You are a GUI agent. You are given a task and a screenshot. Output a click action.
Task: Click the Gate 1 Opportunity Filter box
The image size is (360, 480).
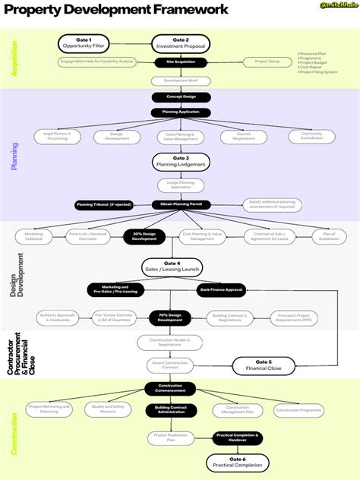coord(84,43)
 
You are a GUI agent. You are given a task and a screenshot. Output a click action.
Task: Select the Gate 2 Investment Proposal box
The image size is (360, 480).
coord(180,43)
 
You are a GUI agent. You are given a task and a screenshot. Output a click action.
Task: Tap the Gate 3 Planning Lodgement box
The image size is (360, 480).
coord(180,161)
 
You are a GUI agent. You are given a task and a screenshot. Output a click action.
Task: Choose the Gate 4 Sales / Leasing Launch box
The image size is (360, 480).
coord(180,267)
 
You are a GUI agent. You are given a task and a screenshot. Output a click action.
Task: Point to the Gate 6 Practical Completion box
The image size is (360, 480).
coord(237,463)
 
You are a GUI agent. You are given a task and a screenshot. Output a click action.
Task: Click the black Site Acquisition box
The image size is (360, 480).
coord(180,62)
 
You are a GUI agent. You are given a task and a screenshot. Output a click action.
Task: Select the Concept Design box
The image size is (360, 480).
coord(180,97)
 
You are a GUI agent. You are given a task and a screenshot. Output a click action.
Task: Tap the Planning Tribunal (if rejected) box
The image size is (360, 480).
coord(104,205)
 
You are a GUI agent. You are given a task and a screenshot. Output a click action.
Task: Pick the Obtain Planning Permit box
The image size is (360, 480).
coord(180,205)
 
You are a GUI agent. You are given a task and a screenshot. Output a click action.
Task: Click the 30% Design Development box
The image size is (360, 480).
coord(144,237)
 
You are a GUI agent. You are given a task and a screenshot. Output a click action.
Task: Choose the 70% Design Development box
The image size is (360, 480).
coord(170,318)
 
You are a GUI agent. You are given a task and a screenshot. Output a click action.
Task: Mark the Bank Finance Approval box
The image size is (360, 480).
coord(222,289)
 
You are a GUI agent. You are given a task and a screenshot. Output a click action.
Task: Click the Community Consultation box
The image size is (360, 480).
coord(311,136)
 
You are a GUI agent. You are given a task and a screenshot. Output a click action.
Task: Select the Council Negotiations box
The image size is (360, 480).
coord(245,136)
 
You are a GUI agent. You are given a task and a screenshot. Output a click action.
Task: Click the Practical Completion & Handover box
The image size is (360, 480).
coord(237,437)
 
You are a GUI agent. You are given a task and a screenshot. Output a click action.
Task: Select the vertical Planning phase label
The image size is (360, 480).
coord(14,155)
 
